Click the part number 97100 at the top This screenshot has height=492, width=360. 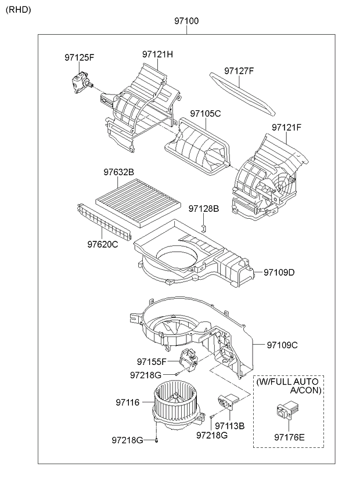tap(186, 21)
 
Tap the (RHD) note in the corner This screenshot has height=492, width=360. tap(19, 10)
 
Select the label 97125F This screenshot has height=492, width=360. tap(80, 58)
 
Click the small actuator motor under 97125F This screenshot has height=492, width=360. tap(81, 82)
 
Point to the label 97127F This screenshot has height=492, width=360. tap(239, 71)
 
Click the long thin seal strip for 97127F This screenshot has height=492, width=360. tap(243, 93)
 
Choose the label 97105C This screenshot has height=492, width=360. tap(206, 114)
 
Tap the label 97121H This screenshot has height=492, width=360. tap(158, 55)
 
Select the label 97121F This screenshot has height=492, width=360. tap(286, 128)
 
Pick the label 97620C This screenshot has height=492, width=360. tap(103, 244)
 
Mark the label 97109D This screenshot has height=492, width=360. tap(279, 272)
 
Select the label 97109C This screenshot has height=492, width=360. tap(282, 345)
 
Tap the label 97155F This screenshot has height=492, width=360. tap(152, 362)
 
